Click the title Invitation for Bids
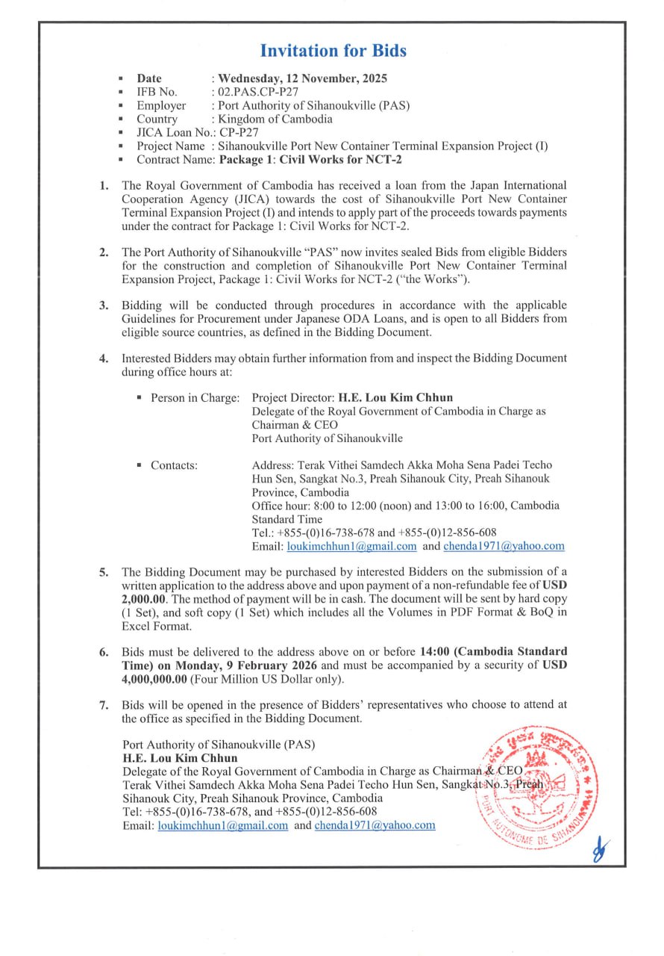[333, 51]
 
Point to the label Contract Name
[175, 159]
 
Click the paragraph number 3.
[105, 305]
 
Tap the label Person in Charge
[195, 397]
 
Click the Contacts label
[174, 465]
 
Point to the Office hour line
[405, 506]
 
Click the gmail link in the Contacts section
[351, 546]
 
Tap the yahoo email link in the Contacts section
[504, 546]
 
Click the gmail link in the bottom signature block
[222, 825]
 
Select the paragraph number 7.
[105, 704]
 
